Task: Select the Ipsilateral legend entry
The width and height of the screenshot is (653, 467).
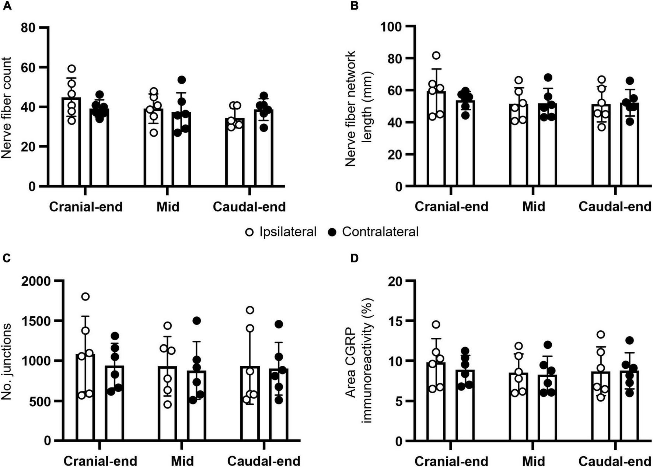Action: (281, 232)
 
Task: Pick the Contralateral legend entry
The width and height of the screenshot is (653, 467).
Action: (373, 232)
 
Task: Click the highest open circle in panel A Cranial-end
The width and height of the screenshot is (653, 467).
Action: (72, 69)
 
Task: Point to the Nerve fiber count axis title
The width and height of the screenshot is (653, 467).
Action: (6, 108)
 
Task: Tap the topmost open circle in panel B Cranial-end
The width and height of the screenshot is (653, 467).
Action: (436, 56)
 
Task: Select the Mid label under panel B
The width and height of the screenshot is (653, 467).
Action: (533, 206)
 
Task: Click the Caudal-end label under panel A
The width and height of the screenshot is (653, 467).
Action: (249, 207)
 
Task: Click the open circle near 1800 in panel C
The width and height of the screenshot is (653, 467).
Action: (85, 297)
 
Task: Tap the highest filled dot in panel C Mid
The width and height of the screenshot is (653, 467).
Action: (197, 321)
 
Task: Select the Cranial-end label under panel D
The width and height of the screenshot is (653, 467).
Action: (451, 461)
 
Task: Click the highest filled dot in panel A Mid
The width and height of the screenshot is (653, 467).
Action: (181, 80)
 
